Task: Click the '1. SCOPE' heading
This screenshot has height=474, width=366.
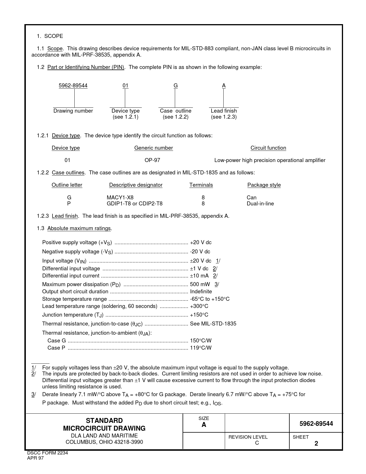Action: [x=50, y=36]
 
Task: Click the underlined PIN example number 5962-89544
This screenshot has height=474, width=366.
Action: [x=73, y=86]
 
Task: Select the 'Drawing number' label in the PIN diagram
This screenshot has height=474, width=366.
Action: [x=73, y=111]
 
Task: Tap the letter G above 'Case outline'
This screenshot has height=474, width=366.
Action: [x=175, y=86]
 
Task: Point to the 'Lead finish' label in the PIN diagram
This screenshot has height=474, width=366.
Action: [x=224, y=111]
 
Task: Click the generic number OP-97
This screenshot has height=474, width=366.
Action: [x=152, y=160]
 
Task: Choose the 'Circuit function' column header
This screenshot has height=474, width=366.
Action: [x=268, y=148]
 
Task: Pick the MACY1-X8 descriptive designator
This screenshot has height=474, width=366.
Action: [x=120, y=198]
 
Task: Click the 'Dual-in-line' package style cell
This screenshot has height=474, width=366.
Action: [x=260, y=204]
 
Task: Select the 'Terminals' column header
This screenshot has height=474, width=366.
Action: [x=201, y=185]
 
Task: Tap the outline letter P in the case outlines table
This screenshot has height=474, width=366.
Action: [x=69, y=204]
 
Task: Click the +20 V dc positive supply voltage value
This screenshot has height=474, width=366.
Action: [x=201, y=242]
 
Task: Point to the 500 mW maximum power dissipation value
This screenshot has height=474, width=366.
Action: [x=200, y=284]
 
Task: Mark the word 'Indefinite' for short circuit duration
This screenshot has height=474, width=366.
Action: [x=201, y=292]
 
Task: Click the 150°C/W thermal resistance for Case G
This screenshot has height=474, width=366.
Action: [x=201, y=341]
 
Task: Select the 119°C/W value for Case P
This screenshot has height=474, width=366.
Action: [x=201, y=348]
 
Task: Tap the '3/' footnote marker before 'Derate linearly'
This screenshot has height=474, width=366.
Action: [x=34, y=394]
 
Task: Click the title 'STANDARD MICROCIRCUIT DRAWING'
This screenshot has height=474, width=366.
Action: [x=104, y=425]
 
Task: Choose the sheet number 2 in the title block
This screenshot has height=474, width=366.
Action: [x=316, y=444]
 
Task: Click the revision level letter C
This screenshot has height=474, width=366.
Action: [x=257, y=443]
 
